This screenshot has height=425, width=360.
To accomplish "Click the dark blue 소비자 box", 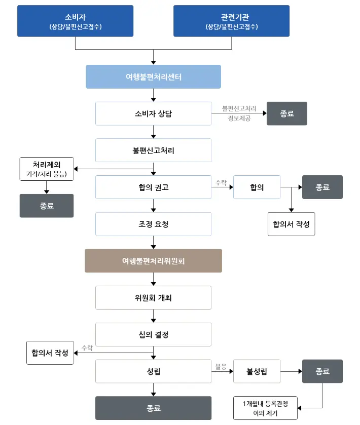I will click(x=75, y=21).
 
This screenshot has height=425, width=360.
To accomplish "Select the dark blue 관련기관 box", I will click(x=231, y=21).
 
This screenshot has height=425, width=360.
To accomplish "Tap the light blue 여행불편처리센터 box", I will click(x=153, y=77).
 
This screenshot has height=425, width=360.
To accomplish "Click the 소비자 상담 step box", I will click(x=153, y=114).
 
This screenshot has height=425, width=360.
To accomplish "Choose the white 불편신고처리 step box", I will click(x=153, y=150).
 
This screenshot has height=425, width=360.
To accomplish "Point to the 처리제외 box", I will click(x=47, y=169).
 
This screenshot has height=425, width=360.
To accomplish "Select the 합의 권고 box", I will click(x=153, y=187).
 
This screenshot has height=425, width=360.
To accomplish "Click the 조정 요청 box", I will click(x=153, y=224).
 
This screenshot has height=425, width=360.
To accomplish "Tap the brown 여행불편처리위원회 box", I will click(x=153, y=261).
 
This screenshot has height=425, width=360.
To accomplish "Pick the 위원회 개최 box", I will click(x=153, y=298).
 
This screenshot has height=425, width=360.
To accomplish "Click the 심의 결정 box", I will click(x=153, y=335).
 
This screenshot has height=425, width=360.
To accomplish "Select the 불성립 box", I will click(x=257, y=371).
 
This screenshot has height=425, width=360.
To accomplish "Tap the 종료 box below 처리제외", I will click(x=47, y=206).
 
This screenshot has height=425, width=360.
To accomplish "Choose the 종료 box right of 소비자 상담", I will click(x=286, y=114).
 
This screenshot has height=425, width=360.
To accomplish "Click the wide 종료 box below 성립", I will click(x=153, y=408).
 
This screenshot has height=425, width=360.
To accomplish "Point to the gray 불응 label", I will click(x=221, y=366).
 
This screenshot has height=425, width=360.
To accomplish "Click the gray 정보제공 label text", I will click(x=239, y=118).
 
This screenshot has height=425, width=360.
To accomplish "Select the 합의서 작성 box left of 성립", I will click(x=50, y=353).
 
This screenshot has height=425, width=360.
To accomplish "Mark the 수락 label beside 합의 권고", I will click(x=221, y=182).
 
